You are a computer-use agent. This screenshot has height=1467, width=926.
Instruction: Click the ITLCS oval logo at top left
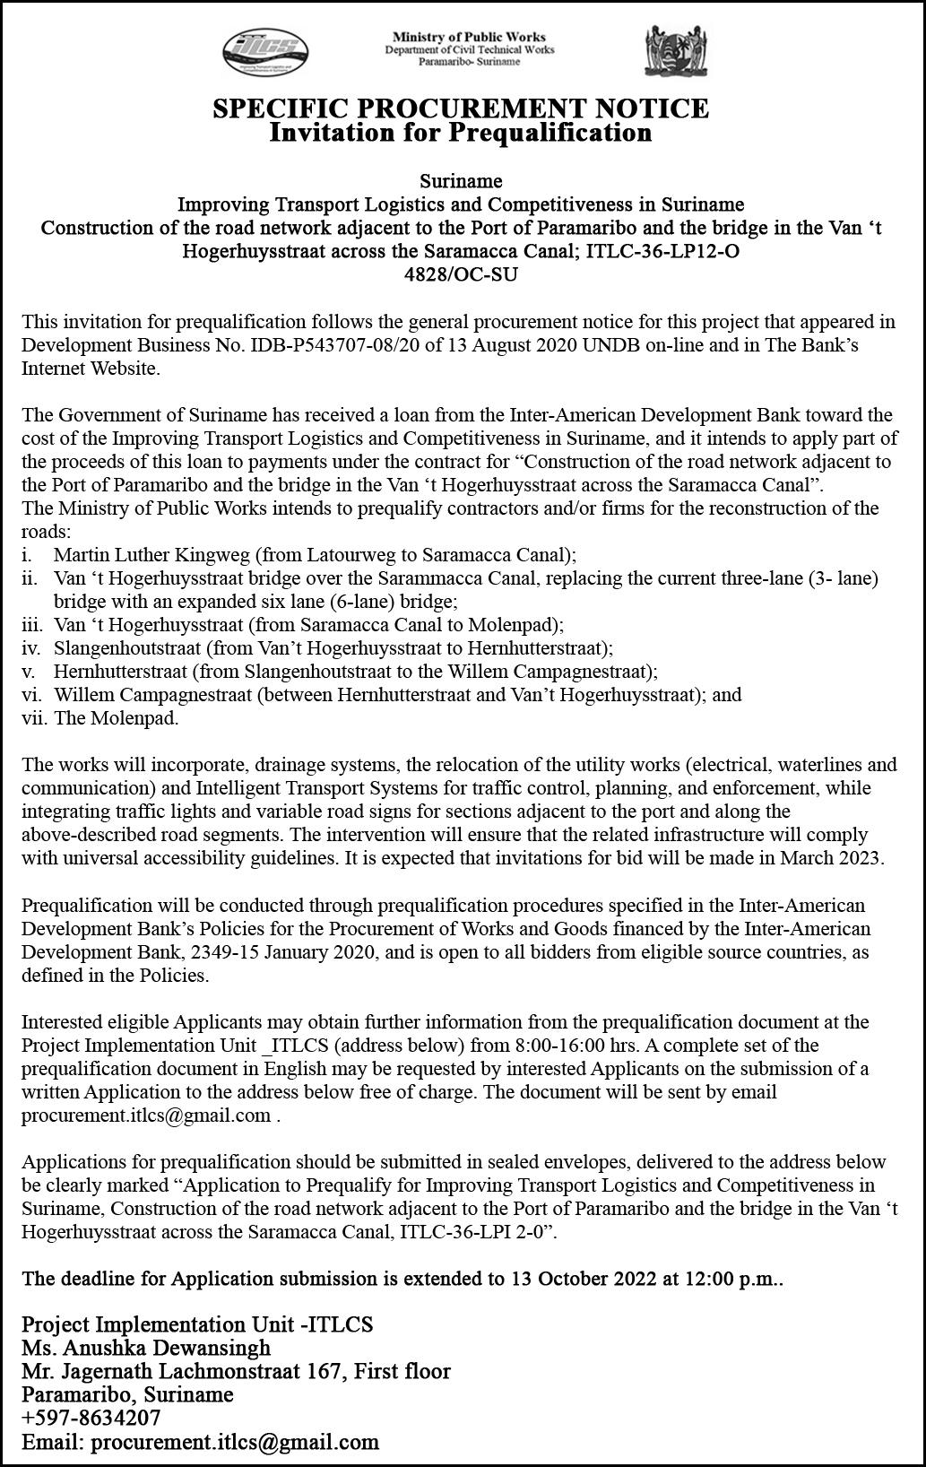[265, 49]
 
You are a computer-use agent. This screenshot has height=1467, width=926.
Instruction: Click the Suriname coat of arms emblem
[669, 50]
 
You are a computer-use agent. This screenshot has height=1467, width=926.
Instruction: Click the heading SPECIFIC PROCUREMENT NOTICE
[461, 109]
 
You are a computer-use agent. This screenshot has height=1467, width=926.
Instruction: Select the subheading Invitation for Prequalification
[461, 133]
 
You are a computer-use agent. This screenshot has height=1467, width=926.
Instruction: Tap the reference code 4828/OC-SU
[462, 274]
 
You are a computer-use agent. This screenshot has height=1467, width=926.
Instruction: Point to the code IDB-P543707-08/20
[328, 345]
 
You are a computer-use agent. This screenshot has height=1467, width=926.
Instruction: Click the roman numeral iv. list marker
[31, 647]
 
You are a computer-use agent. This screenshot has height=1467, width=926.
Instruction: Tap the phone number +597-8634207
[91, 1418]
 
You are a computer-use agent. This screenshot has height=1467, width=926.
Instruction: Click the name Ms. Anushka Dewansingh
[146, 1348]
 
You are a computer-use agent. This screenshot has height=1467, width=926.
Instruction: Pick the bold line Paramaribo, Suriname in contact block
[127, 1394]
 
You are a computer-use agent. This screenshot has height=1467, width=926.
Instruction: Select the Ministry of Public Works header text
[469, 38]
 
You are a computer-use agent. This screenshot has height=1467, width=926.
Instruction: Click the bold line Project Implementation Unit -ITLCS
[197, 1324]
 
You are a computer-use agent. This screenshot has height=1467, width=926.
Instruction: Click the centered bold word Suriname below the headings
[461, 181]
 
